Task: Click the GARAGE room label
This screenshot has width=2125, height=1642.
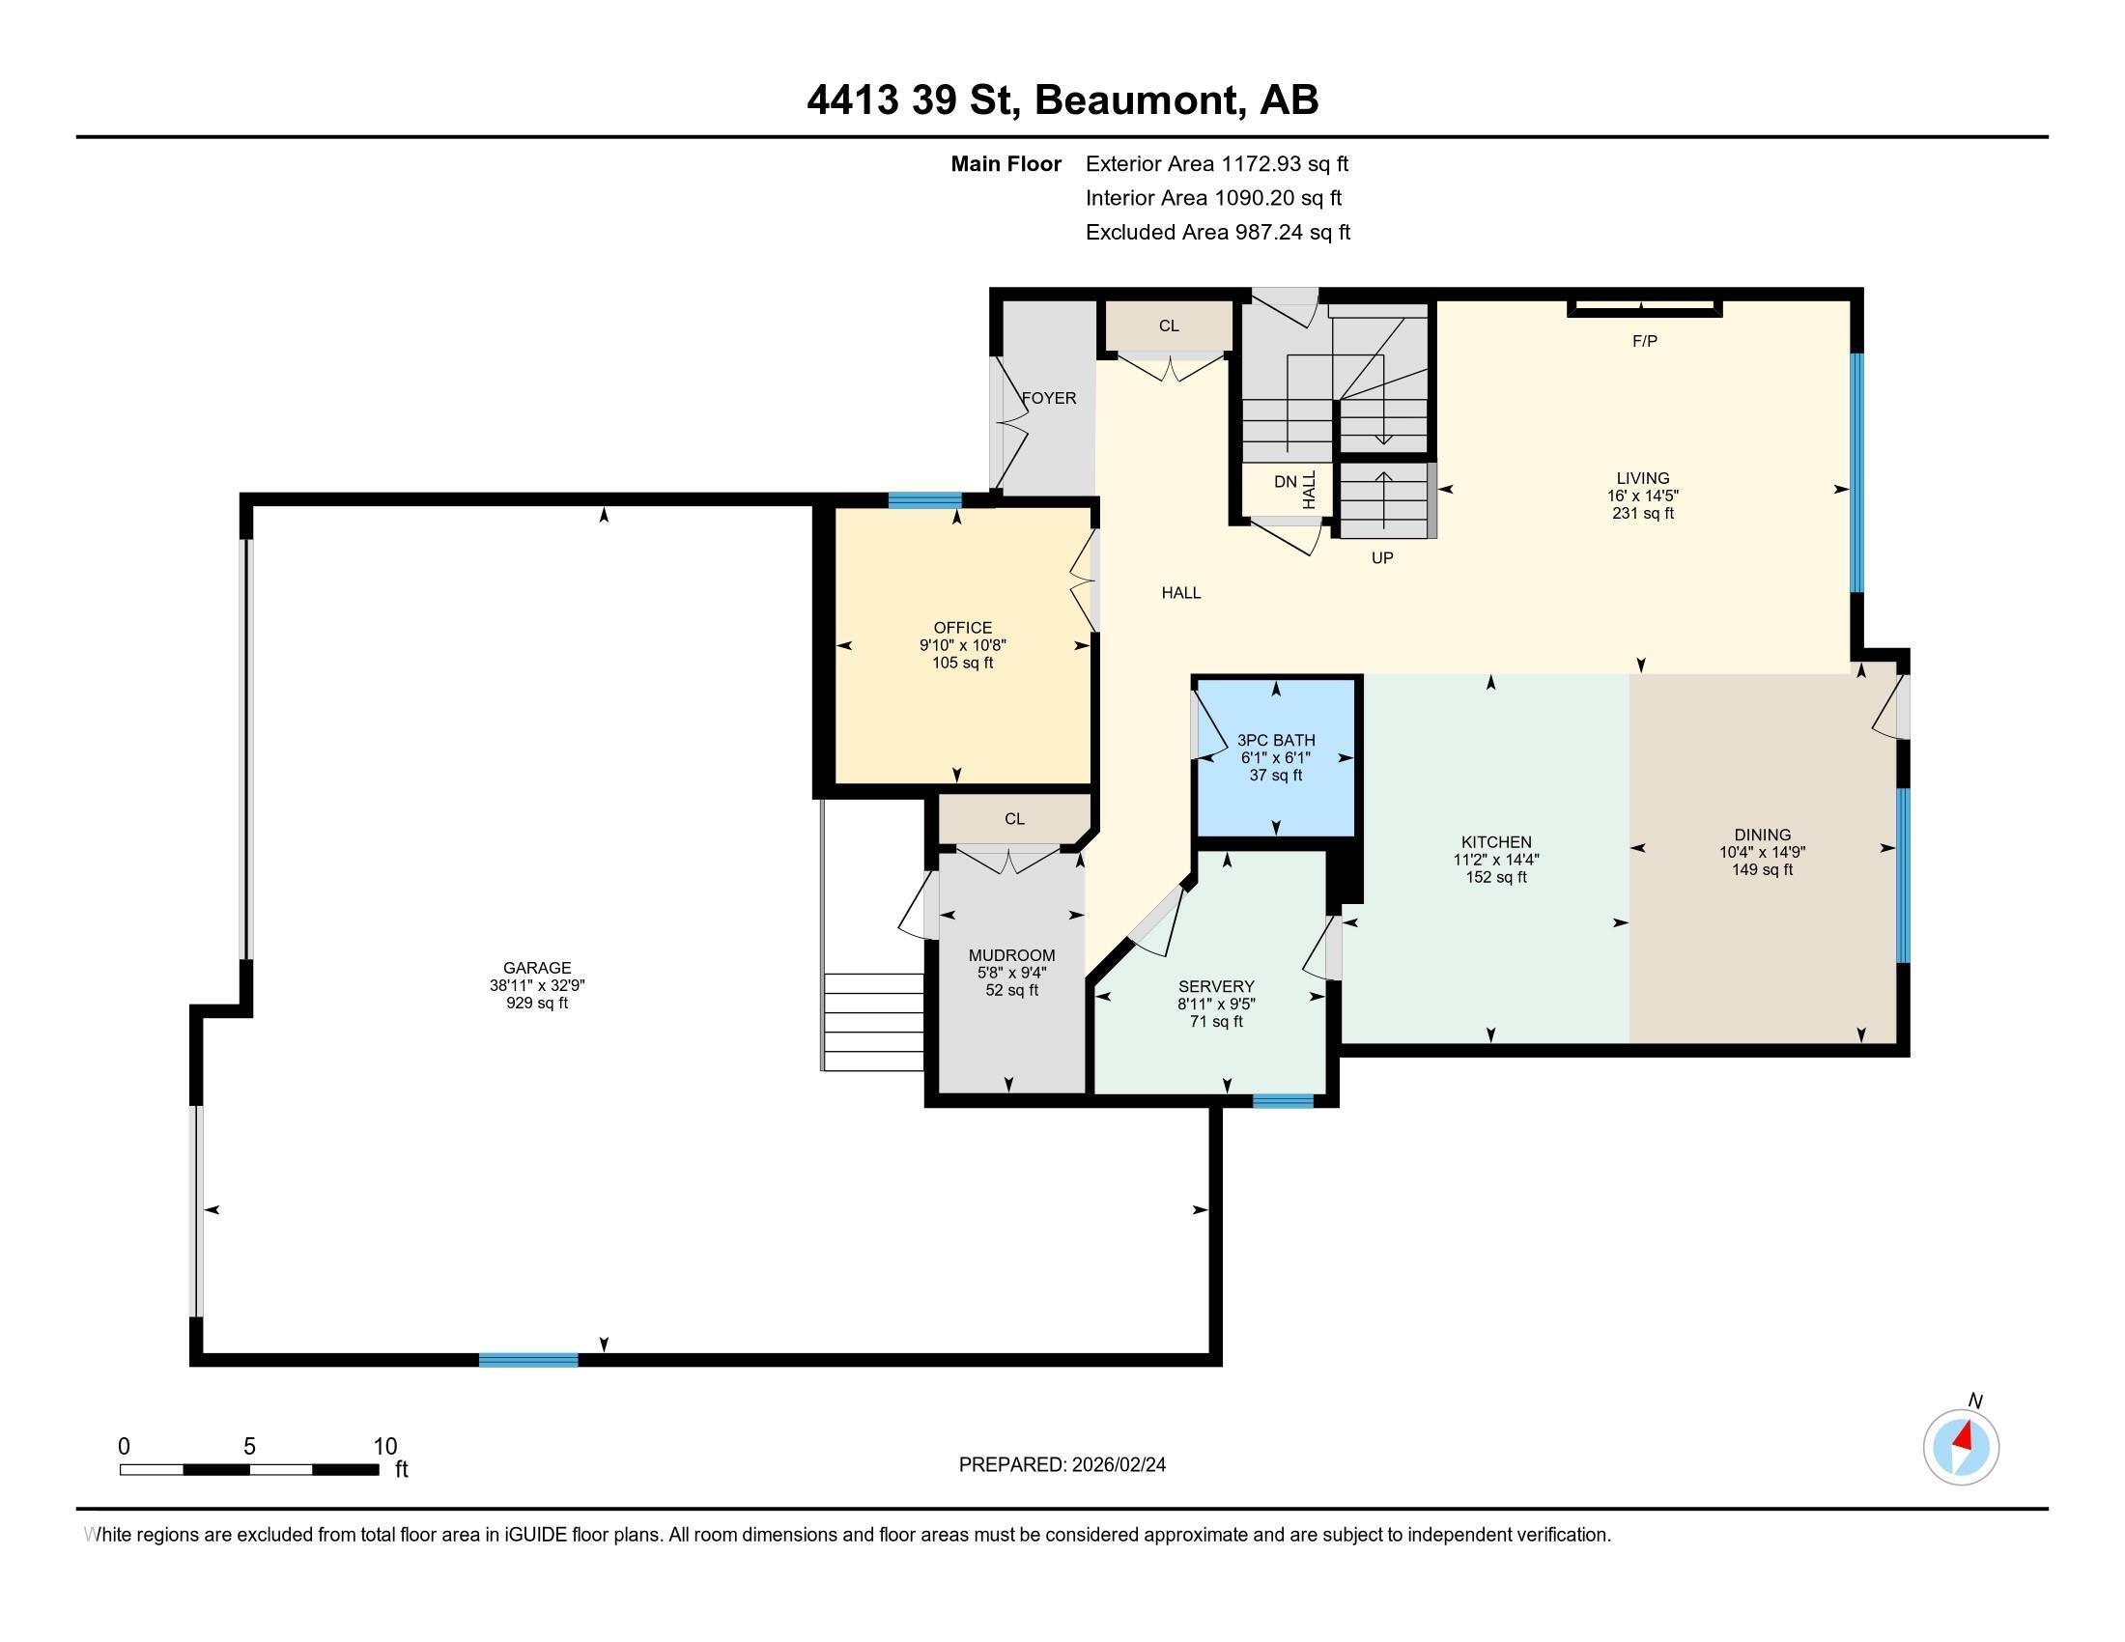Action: pyautogui.click(x=537, y=967)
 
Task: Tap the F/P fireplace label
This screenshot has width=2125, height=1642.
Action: pyautogui.click(x=1644, y=340)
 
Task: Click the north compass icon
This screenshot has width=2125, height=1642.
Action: pyautogui.click(x=1961, y=1447)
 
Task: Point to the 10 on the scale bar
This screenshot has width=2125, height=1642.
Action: pyautogui.click(x=385, y=1446)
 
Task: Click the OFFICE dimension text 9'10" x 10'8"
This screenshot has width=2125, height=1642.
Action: pyautogui.click(x=962, y=645)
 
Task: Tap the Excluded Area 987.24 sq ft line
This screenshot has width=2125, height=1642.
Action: pyautogui.click(x=1217, y=232)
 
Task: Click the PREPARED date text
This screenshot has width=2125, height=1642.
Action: pyautogui.click(x=1062, y=1464)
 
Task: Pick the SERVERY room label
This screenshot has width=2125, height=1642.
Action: pyautogui.click(x=1216, y=985)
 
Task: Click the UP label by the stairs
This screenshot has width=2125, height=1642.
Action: pyautogui.click(x=1381, y=557)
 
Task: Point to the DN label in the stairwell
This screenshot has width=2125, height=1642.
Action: pyautogui.click(x=1286, y=482)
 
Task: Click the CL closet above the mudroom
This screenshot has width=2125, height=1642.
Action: pyautogui.click(x=1014, y=818)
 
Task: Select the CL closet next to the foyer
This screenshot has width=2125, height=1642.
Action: pyautogui.click(x=1169, y=326)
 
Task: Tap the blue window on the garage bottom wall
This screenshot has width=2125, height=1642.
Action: pyautogui.click(x=528, y=1359)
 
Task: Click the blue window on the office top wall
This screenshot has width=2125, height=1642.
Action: pyautogui.click(x=924, y=500)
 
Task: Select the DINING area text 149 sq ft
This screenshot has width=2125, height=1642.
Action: pyautogui.click(x=1762, y=868)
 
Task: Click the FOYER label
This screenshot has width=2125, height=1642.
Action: pyautogui.click(x=1049, y=398)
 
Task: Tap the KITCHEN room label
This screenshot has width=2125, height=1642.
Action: pyautogui.click(x=1495, y=841)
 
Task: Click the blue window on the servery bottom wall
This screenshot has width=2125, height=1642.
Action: pyautogui.click(x=1283, y=1100)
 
